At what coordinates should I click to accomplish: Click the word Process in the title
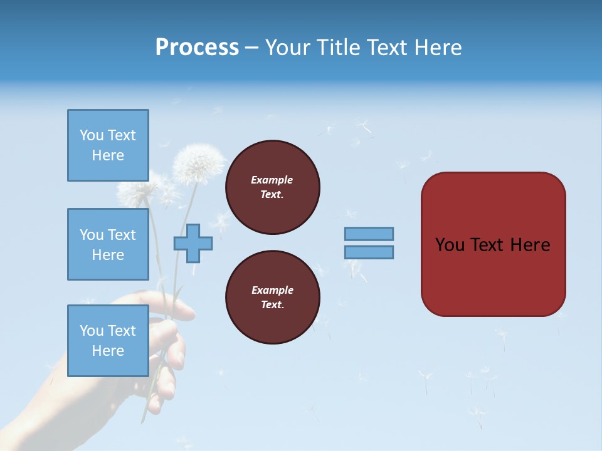pos(197,48)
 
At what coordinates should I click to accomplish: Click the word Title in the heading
pos(336,48)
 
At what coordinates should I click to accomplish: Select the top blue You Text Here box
pos(108,145)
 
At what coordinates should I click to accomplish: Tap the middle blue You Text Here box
pos(108,244)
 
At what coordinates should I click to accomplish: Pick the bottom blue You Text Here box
pos(108,340)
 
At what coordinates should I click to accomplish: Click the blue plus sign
pos(193,243)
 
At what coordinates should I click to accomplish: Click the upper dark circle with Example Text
pos(272,187)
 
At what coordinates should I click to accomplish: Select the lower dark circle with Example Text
pos(272,298)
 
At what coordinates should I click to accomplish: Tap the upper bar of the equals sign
pos(369,234)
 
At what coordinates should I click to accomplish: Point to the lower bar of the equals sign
pos(369,252)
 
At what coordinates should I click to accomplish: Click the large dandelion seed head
pos(199,164)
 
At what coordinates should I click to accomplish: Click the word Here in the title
pos(438,48)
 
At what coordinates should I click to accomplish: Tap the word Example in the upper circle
pos(272,180)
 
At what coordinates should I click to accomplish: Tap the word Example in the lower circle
pos(272,290)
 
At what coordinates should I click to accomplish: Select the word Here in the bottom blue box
pos(108,351)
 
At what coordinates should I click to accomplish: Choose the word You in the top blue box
pos(92,135)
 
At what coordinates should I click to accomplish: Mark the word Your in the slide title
pos(287,48)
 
